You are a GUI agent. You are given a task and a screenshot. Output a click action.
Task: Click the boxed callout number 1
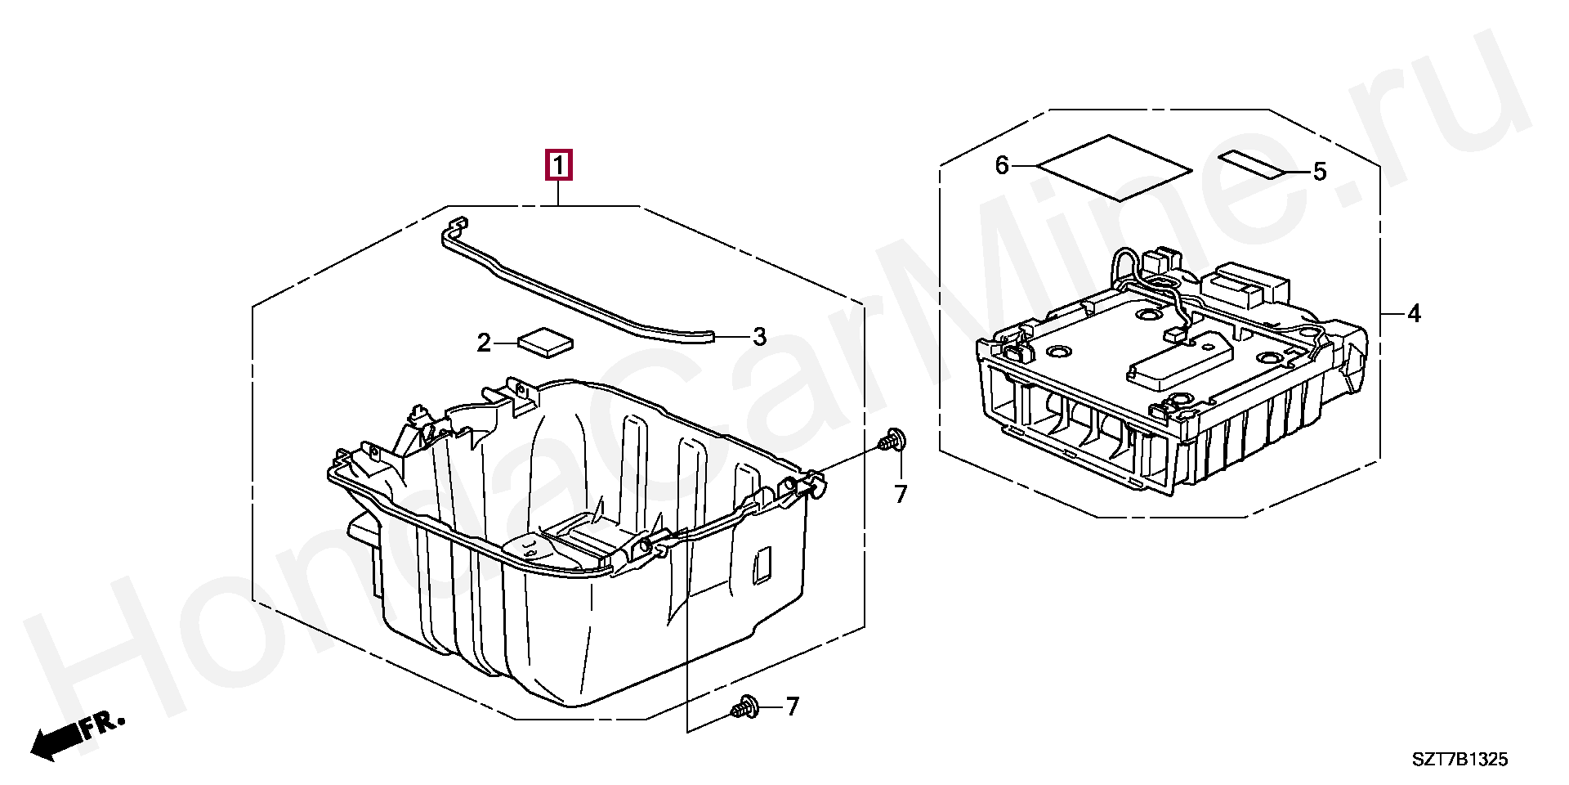(x=559, y=165)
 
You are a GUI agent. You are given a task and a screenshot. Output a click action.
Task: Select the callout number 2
(x=484, y=343)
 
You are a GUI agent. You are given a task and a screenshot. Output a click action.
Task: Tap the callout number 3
(x=759, y=336)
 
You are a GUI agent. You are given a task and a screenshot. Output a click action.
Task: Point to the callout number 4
(x=1414, y=313)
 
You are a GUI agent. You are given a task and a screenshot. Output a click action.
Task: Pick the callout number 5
(x=1320, y=172)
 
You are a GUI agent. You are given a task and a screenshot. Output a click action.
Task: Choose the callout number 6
(x=1002, y=166)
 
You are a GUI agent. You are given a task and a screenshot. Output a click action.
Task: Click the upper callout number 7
(x=901, y=494)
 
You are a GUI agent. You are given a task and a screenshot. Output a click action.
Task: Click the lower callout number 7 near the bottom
(x=792, y=706)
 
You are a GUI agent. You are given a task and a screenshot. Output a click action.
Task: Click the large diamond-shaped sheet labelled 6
(x=1114, y=168)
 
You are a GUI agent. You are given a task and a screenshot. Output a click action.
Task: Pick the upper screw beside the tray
(x=893, y=440)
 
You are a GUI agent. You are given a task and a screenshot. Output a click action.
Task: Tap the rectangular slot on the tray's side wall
(x=761, y=564)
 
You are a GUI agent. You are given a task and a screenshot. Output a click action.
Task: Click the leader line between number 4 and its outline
(x=1392, y=313)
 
